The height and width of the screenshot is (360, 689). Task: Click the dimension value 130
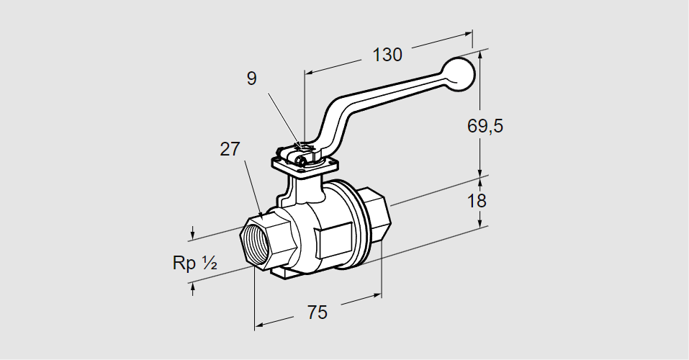tap(387, 54)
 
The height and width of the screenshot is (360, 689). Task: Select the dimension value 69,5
tap(485, 125)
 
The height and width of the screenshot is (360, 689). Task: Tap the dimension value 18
tap(477, 200)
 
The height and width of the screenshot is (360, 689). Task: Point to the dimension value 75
tap(317, 312)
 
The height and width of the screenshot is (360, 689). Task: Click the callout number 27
tap(230, 149)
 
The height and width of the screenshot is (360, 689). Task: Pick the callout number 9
tap(251, 78)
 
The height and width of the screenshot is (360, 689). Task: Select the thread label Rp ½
tap(195, 264)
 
